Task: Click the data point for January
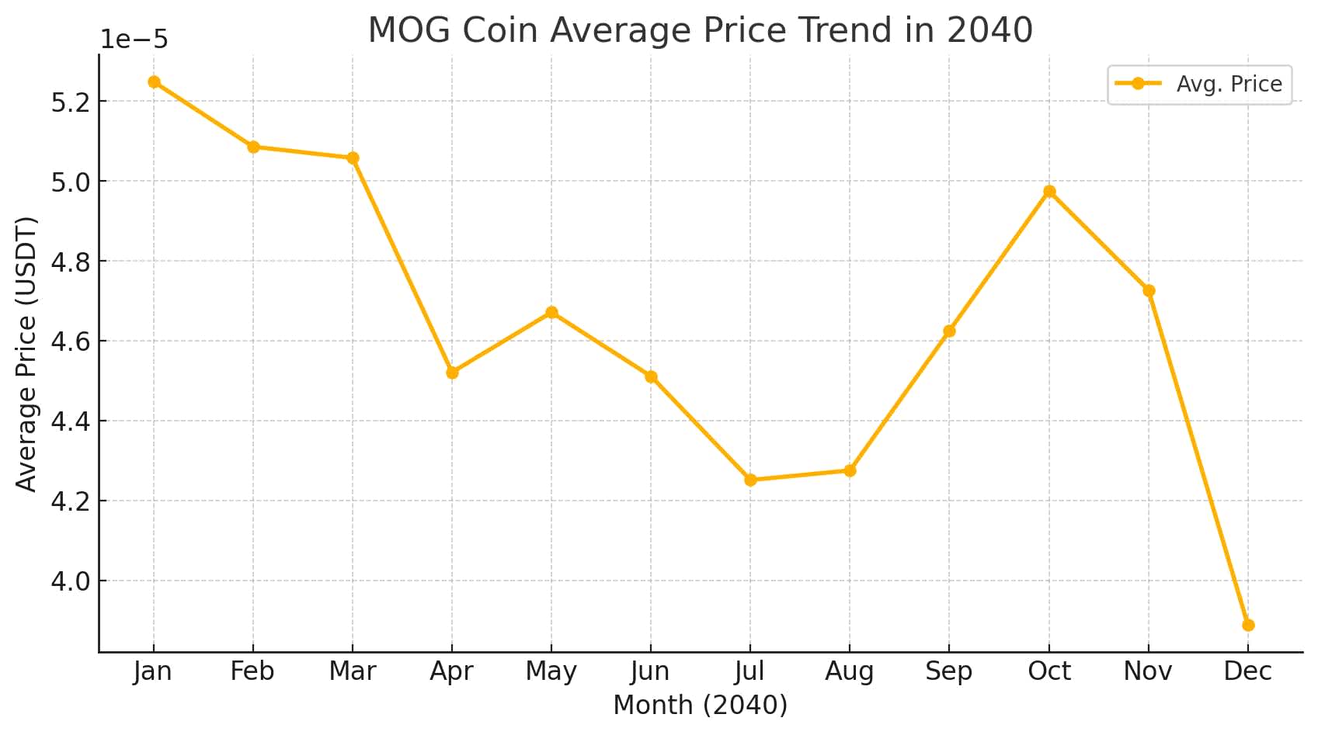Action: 154,82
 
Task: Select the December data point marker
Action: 1248,625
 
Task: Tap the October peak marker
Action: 1049,192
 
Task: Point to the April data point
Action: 452,373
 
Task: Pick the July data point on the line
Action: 750,480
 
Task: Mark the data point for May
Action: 551,313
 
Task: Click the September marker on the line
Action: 949,331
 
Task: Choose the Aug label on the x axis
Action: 849,671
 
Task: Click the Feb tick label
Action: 252,671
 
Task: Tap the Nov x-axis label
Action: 1147,671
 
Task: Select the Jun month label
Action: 650,671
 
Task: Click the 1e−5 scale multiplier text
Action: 134,40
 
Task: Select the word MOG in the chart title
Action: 409,30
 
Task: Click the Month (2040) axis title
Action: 700,705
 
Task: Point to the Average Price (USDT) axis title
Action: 26,354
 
